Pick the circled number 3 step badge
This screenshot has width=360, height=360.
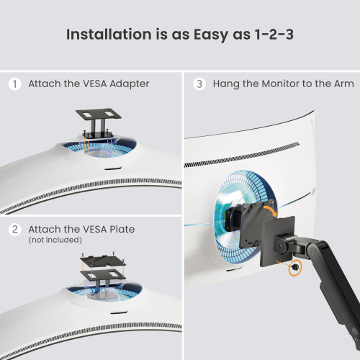[x=199, y=84]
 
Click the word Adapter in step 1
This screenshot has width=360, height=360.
[x=130, y=84]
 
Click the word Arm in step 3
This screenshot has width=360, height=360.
[x=343, y=84]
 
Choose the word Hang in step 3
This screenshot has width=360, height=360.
[x=225, y=84]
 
